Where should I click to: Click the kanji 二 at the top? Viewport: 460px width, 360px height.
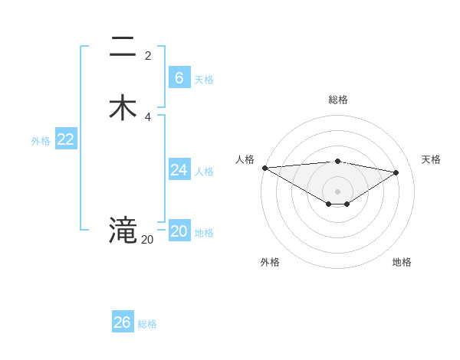click(123, 47)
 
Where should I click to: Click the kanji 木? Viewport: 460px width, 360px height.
click(123, 108)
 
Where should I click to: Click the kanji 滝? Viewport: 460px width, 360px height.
click(123, 230)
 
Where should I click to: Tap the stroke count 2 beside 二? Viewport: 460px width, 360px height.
click(148, 56)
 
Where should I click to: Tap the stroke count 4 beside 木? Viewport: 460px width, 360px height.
click(148, 116)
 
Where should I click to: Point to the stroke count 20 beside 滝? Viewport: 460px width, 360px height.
click(147, 240)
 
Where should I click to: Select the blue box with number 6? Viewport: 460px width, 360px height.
click(179, 78)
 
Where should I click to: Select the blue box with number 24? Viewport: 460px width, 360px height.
click(179, 170)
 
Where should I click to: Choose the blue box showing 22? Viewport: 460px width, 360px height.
click(66, 139)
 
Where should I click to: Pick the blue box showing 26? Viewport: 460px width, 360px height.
click(123, 322)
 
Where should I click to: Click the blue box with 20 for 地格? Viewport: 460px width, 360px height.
click(179, 231)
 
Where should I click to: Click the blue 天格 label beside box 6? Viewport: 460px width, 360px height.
click(204, 80)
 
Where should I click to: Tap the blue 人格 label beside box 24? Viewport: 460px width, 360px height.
click(204, 172)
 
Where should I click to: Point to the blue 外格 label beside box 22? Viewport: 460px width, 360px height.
click(41, 141)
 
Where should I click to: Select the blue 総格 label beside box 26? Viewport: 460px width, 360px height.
click(147, 324)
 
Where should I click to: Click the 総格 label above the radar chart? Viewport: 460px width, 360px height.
click(338, 100)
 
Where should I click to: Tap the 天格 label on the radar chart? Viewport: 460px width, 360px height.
click(431, 159)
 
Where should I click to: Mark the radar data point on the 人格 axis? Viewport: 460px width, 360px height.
click(264, 168)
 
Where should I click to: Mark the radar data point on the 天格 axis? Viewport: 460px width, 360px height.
click(396, 172)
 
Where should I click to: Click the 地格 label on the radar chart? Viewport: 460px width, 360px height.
click(402, 262)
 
